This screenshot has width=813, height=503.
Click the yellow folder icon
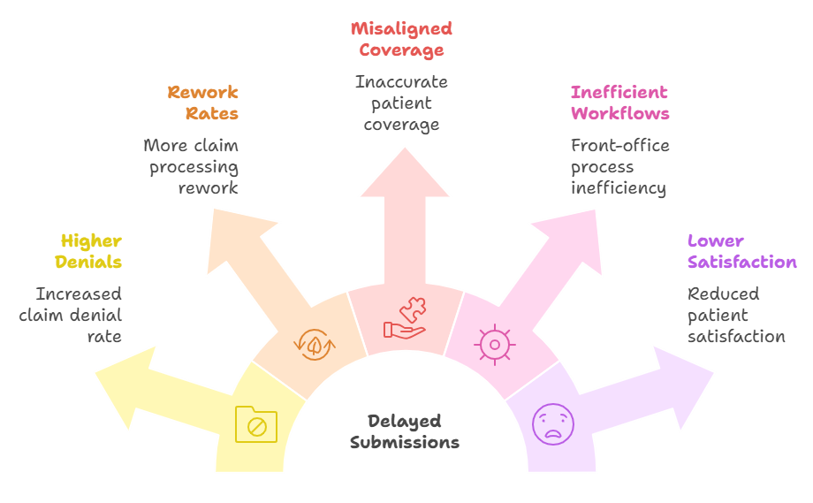tap(256, 424)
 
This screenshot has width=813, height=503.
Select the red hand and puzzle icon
tap(405, 319)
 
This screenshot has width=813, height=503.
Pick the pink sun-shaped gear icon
tap(494, 344)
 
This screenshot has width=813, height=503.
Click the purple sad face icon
tap(552, 423)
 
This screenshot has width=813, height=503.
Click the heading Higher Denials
tap(89, 251)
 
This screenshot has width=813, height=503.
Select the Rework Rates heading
tap(203, 103)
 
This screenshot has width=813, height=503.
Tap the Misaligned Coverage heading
tap(401, 39)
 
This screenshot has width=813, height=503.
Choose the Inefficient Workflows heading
tap(619, 103)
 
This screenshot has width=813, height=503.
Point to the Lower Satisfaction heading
tap(741, 251)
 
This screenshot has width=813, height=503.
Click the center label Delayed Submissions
tap(405, 431)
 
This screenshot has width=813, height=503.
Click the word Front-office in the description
tap(619, 146)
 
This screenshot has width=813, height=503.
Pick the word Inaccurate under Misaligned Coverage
tap(401, 82)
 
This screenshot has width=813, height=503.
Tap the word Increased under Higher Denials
tap(79, 294)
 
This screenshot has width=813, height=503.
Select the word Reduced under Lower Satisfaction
tap(723, 294)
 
